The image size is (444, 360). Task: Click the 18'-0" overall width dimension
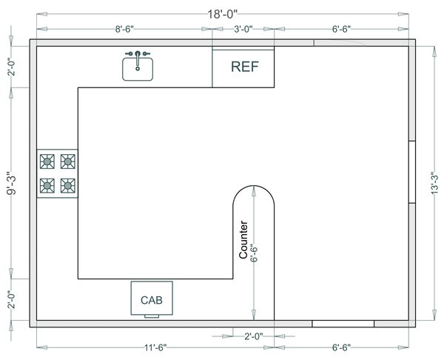pyautogui.click(x=222, y=14)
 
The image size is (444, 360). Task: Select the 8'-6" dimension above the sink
pyautogui.click(x=124, y=29)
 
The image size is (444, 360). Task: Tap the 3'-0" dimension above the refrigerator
pyautogui.click(x=243, y=29)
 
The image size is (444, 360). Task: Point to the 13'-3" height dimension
pyautogui.click(x=434, y=183)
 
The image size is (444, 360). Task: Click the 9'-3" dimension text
pyautogui.click(x=12, y=183)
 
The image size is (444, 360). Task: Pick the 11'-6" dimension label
pyautogui.click(x=155, y=347)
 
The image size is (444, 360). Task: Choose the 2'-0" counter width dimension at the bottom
pyautogui.click(x=254, y=336)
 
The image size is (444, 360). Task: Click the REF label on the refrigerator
pyautogui.click(x=245, y=67)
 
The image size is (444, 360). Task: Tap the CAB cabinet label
pyautogui.click(x=152, y=300)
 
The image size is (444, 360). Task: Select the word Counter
pyautogui.click(x=243, y=239)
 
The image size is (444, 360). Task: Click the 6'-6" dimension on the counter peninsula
pyautogui.click(x=254, y=253)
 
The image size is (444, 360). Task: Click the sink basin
pyautogui.click(x=138, y=69)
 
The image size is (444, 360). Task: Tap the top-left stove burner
pyautogui.click(x=47, y=161)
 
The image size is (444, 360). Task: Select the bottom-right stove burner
pyautogui.click(x=67, y=186)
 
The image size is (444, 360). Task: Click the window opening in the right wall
pyautogui.click(x=412, y=172)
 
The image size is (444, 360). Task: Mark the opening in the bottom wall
pyautogui.click(x=343, y=324)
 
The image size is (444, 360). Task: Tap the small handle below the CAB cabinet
pyautogui.click(x=152, y=316)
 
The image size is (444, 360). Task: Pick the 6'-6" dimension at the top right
pyautogui.click(x=341, y=29)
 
